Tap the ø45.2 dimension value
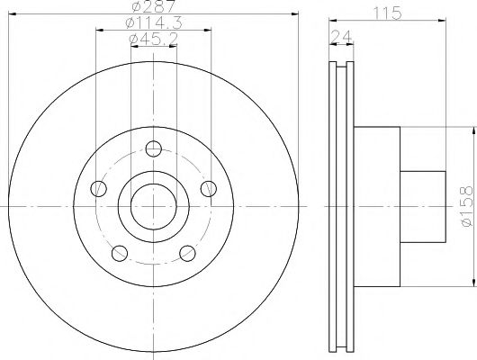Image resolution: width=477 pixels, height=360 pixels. click(154, 39)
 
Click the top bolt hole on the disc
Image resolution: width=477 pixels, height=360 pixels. click(154, 148)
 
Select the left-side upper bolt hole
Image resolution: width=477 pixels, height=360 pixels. click(99, 188)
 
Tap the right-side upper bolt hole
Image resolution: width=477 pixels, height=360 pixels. click(209, 188)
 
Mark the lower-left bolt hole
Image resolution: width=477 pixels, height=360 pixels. click(120, 253)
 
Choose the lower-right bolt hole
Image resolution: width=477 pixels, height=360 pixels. click(188, 253)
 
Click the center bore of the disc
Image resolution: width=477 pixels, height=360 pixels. click(154, 206)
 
